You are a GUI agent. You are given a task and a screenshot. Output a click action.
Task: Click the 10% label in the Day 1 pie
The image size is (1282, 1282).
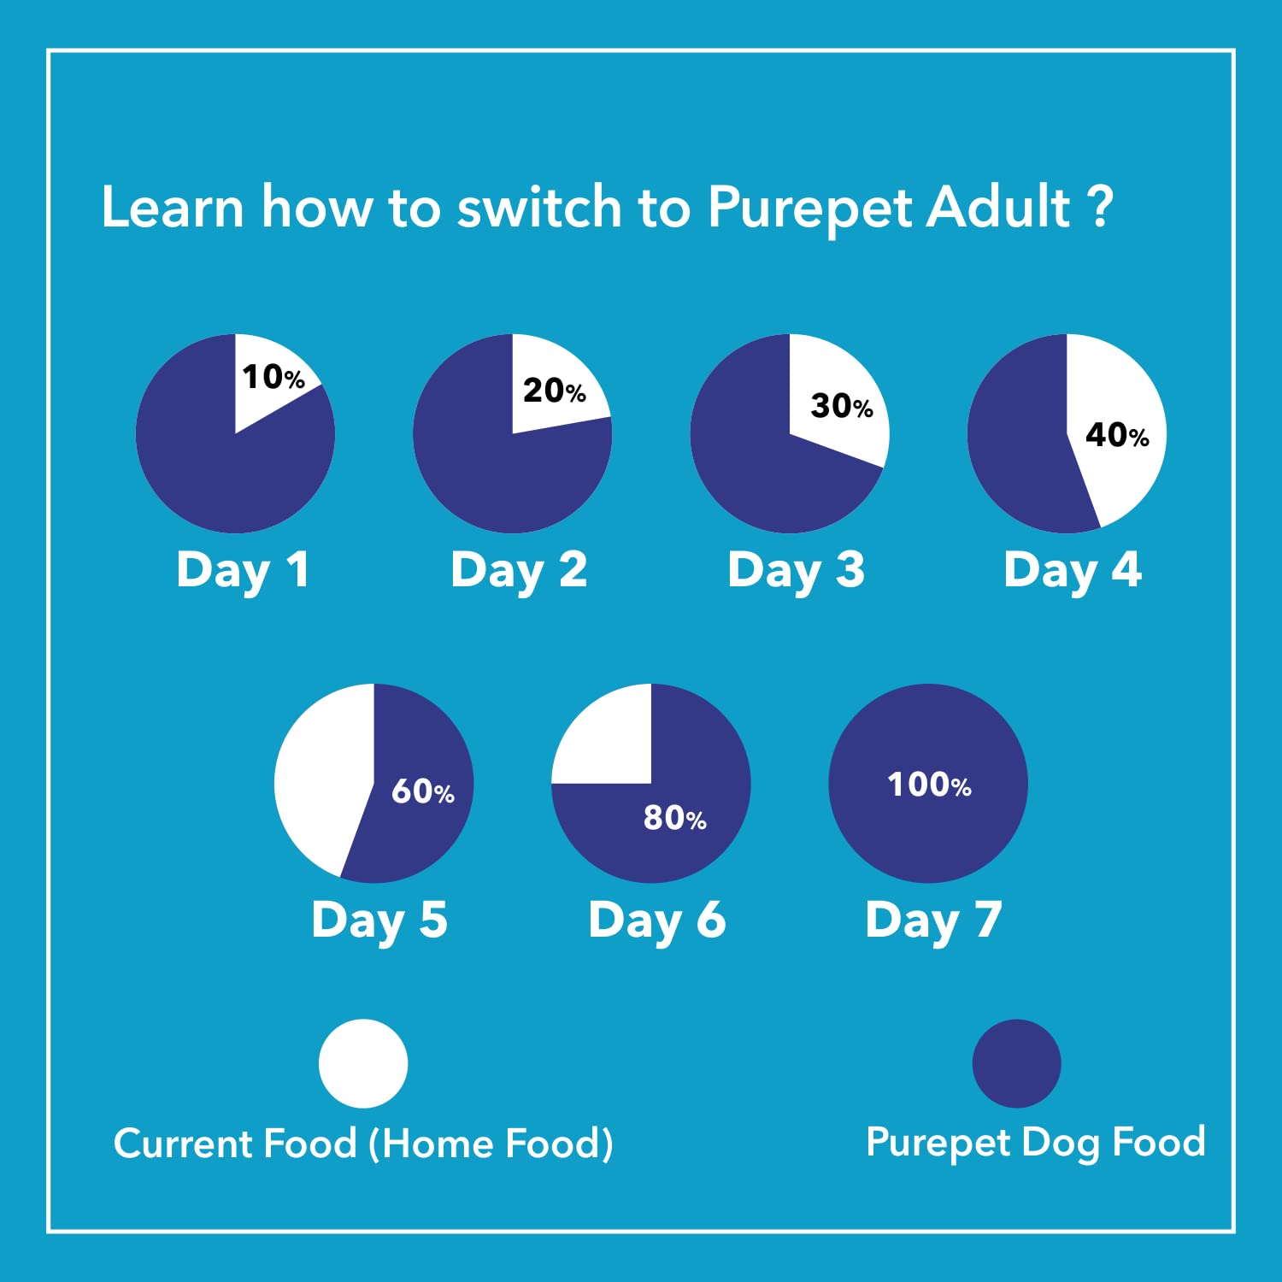point(273,376)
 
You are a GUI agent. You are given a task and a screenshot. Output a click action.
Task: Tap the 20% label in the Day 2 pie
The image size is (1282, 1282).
point(555,391)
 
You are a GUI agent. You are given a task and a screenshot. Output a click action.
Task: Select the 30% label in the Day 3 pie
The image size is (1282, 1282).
point(842,405)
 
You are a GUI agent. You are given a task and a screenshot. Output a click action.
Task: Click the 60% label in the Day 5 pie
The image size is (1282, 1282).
point(423,791)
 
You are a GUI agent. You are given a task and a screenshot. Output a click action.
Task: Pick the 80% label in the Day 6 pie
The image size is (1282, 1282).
point(675,818)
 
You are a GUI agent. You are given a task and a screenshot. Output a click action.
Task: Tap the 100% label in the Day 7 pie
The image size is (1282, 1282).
point(929,785)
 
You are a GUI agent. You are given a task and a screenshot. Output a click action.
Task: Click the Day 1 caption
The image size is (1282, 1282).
point(243,571)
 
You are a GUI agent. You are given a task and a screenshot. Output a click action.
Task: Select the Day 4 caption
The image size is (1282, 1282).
point(1073,571)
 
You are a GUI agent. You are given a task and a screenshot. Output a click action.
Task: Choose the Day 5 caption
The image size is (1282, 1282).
point(379,921)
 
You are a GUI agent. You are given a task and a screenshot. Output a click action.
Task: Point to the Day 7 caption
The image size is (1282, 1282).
point(933,921)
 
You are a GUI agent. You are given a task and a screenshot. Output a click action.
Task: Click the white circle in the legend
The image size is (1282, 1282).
point(363,1063)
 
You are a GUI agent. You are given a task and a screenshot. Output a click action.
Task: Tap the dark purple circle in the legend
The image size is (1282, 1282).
point(1017,1063)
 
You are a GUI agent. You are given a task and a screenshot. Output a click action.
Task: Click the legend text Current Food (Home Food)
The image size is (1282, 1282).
point(363,1144)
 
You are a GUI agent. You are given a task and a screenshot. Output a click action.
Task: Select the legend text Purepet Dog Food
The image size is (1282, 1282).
point(1036,1143)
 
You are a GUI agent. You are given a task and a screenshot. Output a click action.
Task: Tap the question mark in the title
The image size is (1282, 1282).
point(1103,207)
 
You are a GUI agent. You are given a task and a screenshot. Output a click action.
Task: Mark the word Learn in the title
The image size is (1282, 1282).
point(173,207)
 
